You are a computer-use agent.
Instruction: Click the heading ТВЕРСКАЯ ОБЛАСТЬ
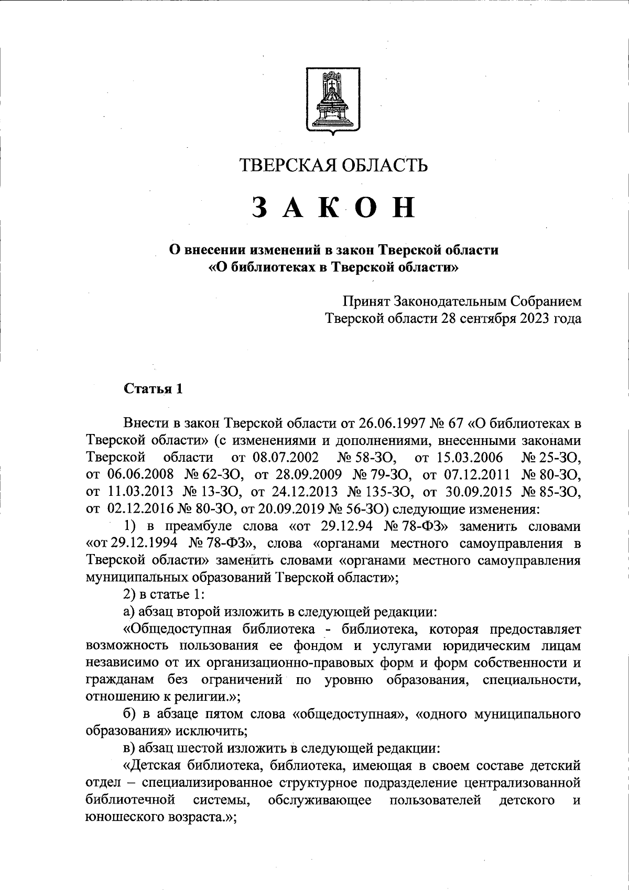tap(333, 165)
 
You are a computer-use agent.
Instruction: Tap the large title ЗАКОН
tap(333, 207)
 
